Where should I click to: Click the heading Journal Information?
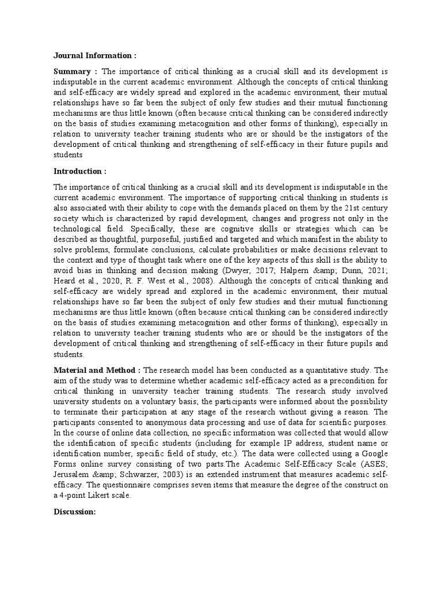pyautogui.click(x=95, y=56)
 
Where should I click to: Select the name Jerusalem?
pyautogui.click(x=75, y=474)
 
